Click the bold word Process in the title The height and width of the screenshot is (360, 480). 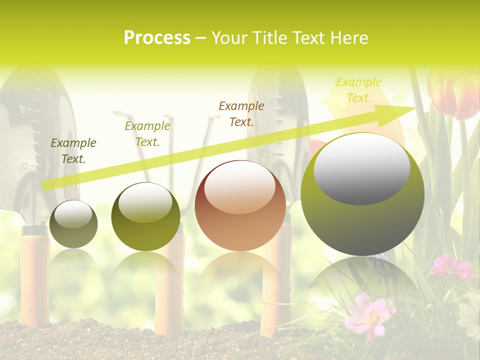(x=157, y=38)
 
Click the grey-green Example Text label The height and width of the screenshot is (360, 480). (x=73, y=151)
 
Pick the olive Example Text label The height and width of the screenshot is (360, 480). (x=147, y=134)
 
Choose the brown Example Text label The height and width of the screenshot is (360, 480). (x=241, y=114)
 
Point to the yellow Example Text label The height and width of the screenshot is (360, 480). (x=359, y=90)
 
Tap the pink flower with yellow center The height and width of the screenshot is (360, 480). (x=370, y=315)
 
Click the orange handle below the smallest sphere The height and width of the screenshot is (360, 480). (x=35, y=280)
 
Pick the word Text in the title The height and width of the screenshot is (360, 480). (x=309, y=38)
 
